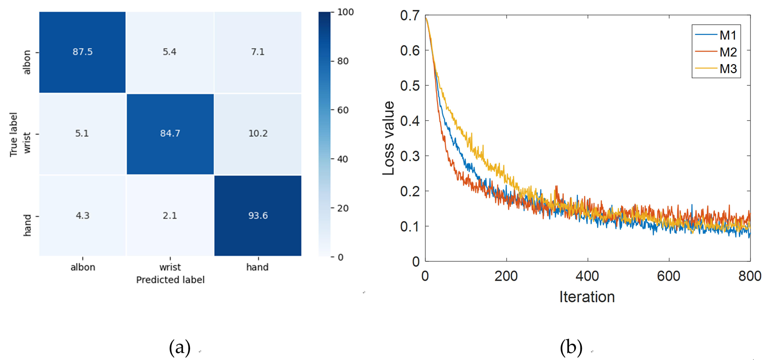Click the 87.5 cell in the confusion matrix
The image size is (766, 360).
[82, 52]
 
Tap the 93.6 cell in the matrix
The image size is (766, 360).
[258, 215]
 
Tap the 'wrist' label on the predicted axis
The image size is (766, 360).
[170, 267]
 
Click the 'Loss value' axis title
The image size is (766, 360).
[388, 138]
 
